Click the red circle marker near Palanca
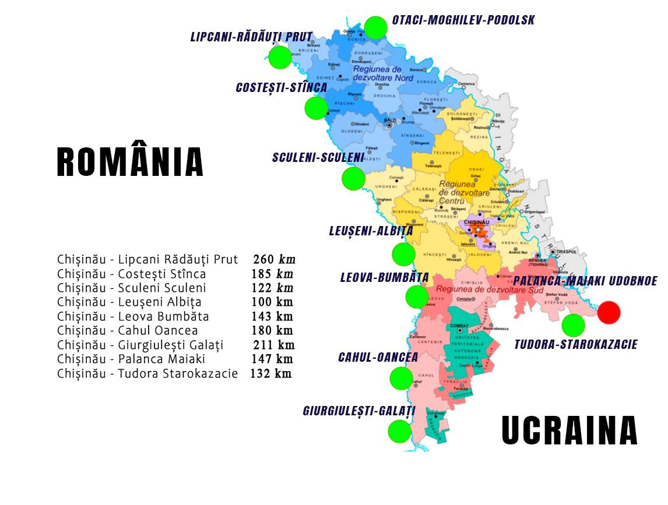pyautogui.click(x=609, y=313)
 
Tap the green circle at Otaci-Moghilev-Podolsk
pyautogui.click(x=376, y=27)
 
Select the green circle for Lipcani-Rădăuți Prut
pyautogui.click(x=280, y=57)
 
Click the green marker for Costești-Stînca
pyautogui.click(x=316, y=108)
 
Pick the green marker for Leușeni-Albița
pyautogui.click(x=403, y=255)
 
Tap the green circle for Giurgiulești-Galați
pyautogui.click(x=400, y=432)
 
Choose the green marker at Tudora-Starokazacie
pyautogui.click(x=574, y=325)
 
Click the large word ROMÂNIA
pyautogui.click(x=130, y=162)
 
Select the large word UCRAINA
pyautogui.click(x=569, y=431)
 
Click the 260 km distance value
pyautogui.click(x=275, y=259)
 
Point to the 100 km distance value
pyautogui.click(x=272, y=302)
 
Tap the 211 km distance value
pyautogui.click(x=273, y=345)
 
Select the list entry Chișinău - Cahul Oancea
pyautogui.click(x=127, y=331)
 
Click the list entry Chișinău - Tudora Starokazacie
pyautogui.click(x=147, y=373)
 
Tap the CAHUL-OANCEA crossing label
pyautogui.click(x=378, y=357)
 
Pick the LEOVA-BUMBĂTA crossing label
pyautogui.click(x=384, y=277)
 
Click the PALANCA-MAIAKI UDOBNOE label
pyautogui.click(x=585, y=281)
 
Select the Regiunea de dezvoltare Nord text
pyautogui.click(x=383, y=73)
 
